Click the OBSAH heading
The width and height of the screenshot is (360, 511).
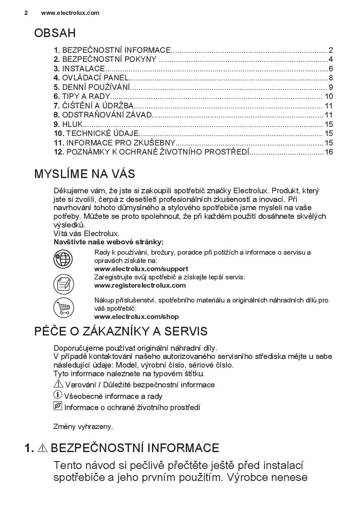point(55,33)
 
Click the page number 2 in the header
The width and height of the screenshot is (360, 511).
point(26,13)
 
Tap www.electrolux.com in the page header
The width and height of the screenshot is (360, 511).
point(70,13)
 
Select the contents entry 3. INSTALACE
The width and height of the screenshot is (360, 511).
point(79,69)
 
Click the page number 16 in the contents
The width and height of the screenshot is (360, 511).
point(328,152)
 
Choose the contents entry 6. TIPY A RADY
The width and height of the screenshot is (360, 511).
point(82,96)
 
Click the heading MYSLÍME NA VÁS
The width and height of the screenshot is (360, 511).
point(84,174)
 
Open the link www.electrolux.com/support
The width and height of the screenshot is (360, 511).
point(141,269)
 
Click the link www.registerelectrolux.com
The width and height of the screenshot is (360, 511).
point(140,285)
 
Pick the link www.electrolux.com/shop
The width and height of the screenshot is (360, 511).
point(136,317)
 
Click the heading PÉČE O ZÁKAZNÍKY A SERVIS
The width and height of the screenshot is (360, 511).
point(121,331)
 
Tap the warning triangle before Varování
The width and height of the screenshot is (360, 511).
point(58,384)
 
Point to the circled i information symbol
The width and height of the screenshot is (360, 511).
point(58,395)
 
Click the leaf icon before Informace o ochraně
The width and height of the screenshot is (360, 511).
point(58,407)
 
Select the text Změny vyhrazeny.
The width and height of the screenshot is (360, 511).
point(83,427)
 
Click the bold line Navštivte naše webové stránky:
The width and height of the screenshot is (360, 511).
point(109,242)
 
